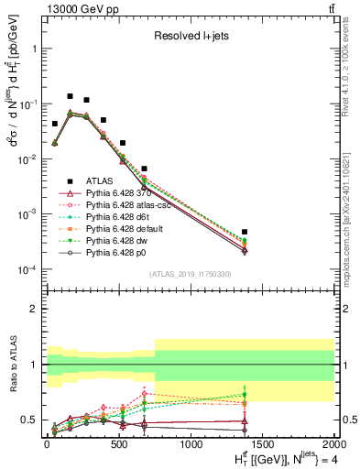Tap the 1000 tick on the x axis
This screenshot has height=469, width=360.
click(x=191, y=446)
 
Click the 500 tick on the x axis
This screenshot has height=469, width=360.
click(x=118, y=446)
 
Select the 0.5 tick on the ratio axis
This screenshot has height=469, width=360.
click(x=30, y=420)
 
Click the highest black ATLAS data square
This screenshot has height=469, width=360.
click(x=70, y=96)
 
